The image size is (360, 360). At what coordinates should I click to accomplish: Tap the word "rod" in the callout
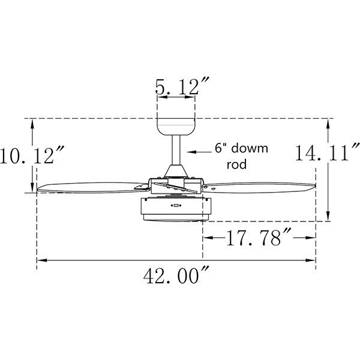pos(237,164)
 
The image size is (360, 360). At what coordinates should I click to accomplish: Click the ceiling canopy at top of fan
pos(176,127)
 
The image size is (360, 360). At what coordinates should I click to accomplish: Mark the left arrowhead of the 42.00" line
pos(40,260)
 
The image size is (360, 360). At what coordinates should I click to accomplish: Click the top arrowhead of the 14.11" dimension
pos(328,122)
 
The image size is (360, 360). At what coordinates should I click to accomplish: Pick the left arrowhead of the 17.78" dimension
pos(206,238)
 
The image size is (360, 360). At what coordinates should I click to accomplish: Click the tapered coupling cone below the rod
pos(176,170)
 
